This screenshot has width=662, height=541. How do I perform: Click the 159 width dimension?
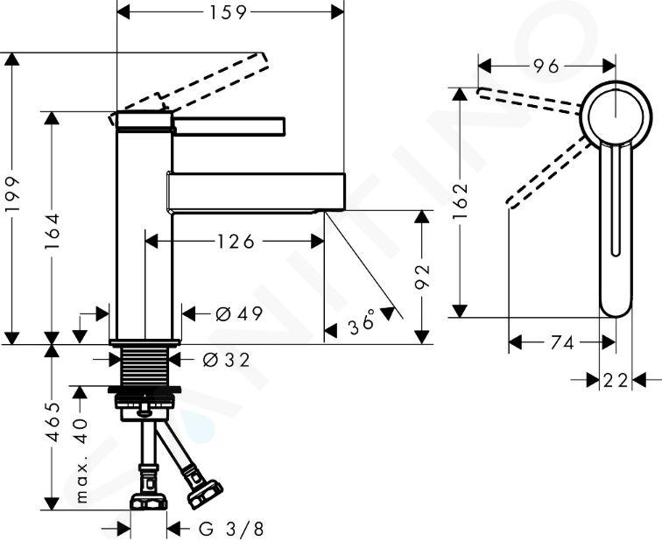click(228, 12)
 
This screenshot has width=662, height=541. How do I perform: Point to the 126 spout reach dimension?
click(236, 242)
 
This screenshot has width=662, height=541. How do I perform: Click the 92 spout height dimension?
click(422, 277)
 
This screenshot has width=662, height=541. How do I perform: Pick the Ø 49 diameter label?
click(239, 313)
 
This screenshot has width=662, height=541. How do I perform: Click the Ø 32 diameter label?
click(226, 360)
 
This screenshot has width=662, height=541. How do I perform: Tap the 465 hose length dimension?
click(53, 422)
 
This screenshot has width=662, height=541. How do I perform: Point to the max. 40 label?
click(82, 460)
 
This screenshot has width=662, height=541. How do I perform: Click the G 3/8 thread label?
click(231, 529)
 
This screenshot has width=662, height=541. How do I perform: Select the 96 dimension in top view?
click(546, 67)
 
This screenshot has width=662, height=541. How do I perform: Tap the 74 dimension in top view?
click(562, 342)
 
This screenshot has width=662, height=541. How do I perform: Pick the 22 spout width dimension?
click(615, 380)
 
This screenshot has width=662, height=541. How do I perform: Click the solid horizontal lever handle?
click(229, 126)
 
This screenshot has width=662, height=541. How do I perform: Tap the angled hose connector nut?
click(204, 494)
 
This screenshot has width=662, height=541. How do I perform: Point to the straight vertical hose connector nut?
click(148, 502)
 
